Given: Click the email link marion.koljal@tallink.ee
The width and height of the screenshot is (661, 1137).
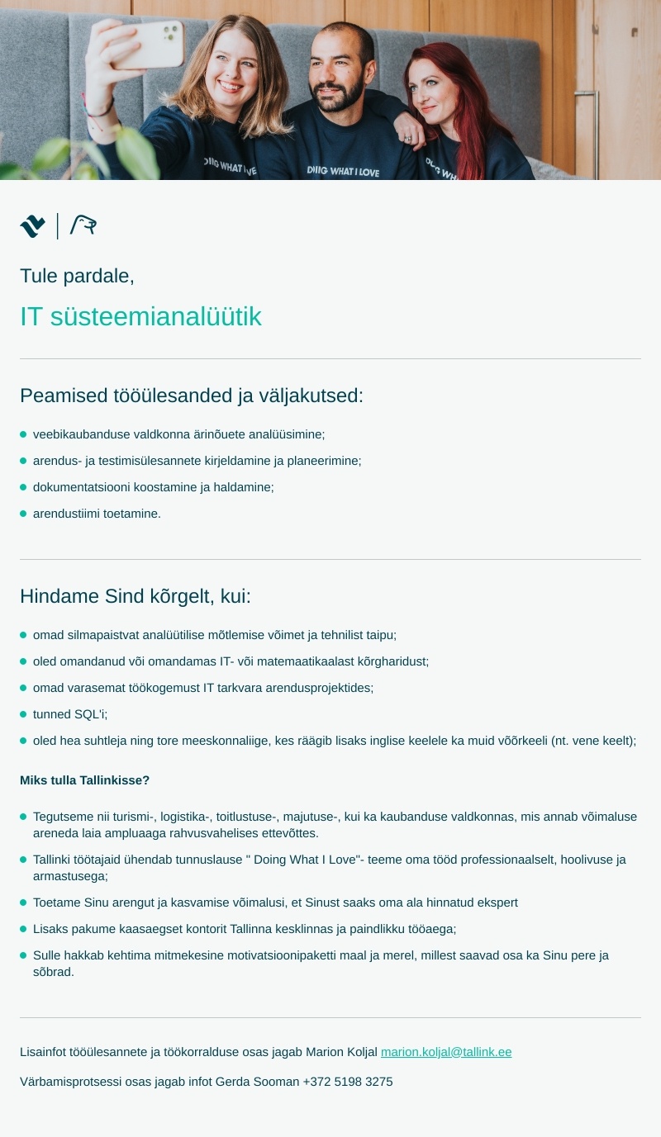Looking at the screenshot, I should pyautogui.click(x=446, y=1052).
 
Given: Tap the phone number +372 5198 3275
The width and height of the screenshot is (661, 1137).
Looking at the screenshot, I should pyautogui.click(x=348, y=1082).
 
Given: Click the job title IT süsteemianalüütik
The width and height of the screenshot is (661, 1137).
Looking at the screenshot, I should pyautogui.click(x=140, y=316).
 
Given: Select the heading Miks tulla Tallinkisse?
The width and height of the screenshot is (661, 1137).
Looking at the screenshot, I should pyautogui.click(x=84, y=780).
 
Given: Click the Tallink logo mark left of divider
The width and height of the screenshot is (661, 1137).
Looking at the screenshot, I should pyautogui.click(x=33, y=226).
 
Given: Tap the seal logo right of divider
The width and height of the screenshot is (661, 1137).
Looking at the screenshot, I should pyautogui.click(x=83, y=225).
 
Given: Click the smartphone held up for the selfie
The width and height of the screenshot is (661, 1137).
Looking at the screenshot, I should pyautogui.click(x=159, y=44).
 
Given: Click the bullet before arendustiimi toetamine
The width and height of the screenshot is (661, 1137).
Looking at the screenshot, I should pyautogui.click(x=23, y=514).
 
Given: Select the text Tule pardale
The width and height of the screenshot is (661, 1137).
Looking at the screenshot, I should pyautogui.click(x=77, y=276).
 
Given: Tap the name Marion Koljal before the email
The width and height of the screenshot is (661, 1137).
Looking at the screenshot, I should pyautogui.click(x=341, y=1052).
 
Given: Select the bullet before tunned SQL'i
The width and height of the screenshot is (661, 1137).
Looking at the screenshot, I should pyautogui.click(x=23, y=714).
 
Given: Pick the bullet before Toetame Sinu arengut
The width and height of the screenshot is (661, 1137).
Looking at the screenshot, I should pyautogui.click(x=23, y=902).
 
